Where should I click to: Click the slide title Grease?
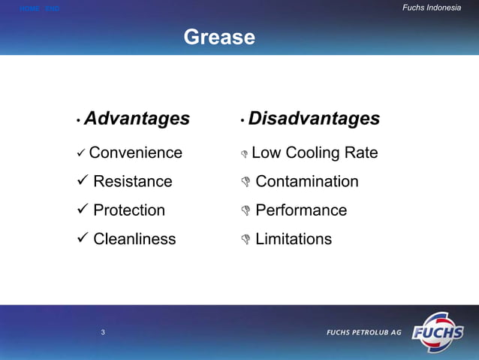(219, 37)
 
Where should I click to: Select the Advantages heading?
(137, 119)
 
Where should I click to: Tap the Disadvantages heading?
(314, 119)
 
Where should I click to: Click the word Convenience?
(135, 153)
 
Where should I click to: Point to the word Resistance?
(132, 182)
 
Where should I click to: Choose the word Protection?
(129, 210)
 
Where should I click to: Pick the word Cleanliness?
(134, 239)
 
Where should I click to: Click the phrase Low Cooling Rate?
(315, 153)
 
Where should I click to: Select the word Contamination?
(307, 182)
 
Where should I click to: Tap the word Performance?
(301, 210)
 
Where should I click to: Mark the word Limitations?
(294, 239)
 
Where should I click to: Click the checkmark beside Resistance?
(81, 182)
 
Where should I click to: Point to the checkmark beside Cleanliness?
(81, 239)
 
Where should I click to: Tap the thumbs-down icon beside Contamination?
(244, 183)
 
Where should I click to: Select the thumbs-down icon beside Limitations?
(244, 240)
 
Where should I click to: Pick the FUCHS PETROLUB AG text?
(363, 332)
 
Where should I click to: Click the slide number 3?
(103, 332)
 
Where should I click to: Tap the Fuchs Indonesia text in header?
(432, 8)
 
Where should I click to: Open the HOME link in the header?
(29, 8)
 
